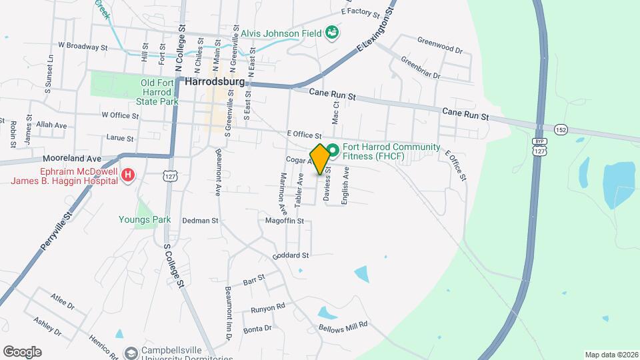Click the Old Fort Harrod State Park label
pos(158,92)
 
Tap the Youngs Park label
pos(145,219)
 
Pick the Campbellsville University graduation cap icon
pos(131,351)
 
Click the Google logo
pos(22,351)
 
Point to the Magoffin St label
pos(284,221)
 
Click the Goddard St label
pos(291,255)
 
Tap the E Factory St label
pos(360,12)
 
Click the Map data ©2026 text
pos(611,354)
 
